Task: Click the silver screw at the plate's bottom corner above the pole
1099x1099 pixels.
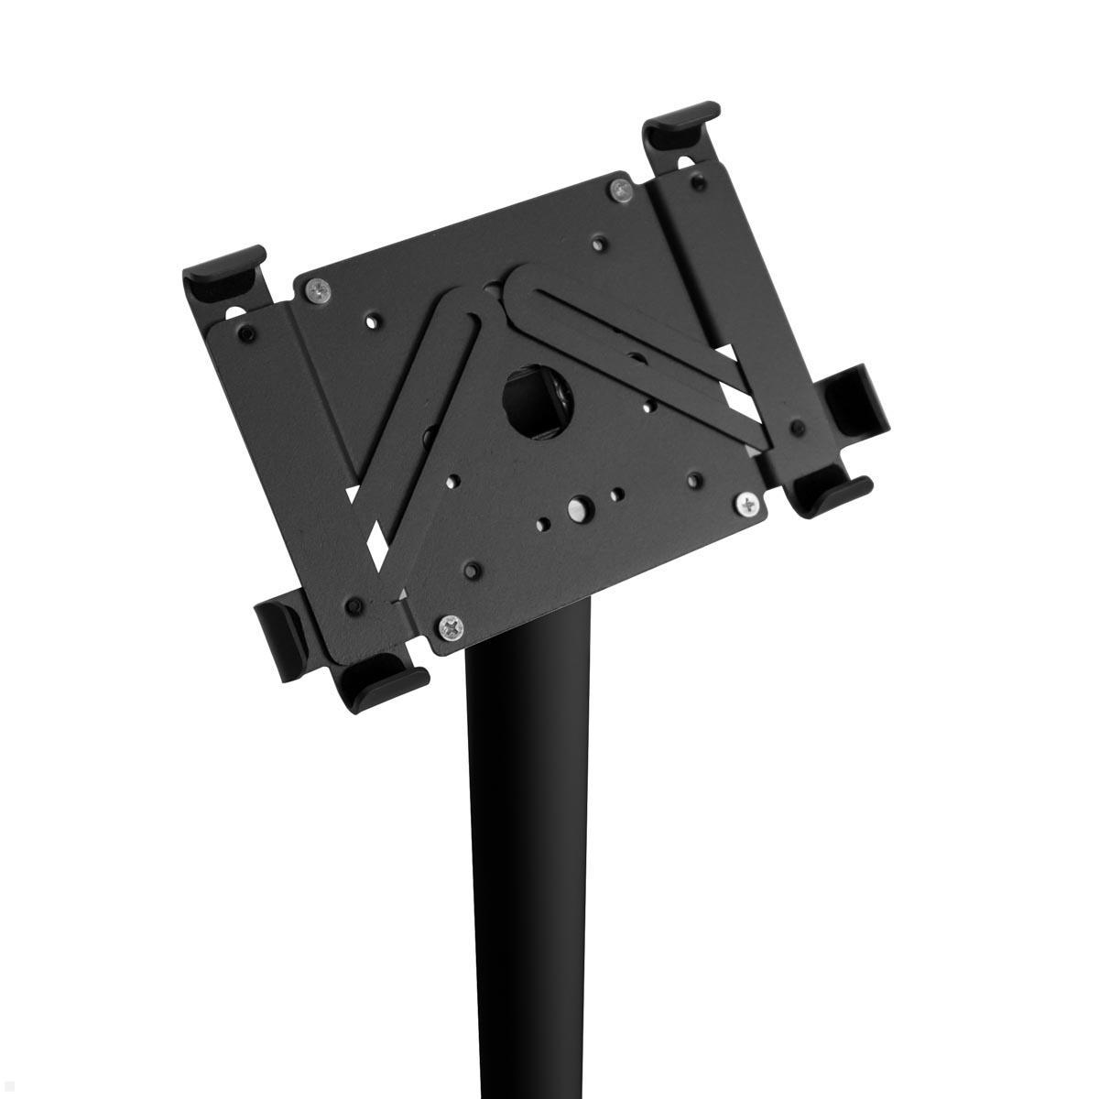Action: (451, 627)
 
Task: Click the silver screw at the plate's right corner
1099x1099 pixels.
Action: (750, 502)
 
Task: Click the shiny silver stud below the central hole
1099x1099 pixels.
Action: (578, 506)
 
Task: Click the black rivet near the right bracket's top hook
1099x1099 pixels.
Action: (699, 182)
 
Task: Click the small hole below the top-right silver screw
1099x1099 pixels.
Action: (600, 243)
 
